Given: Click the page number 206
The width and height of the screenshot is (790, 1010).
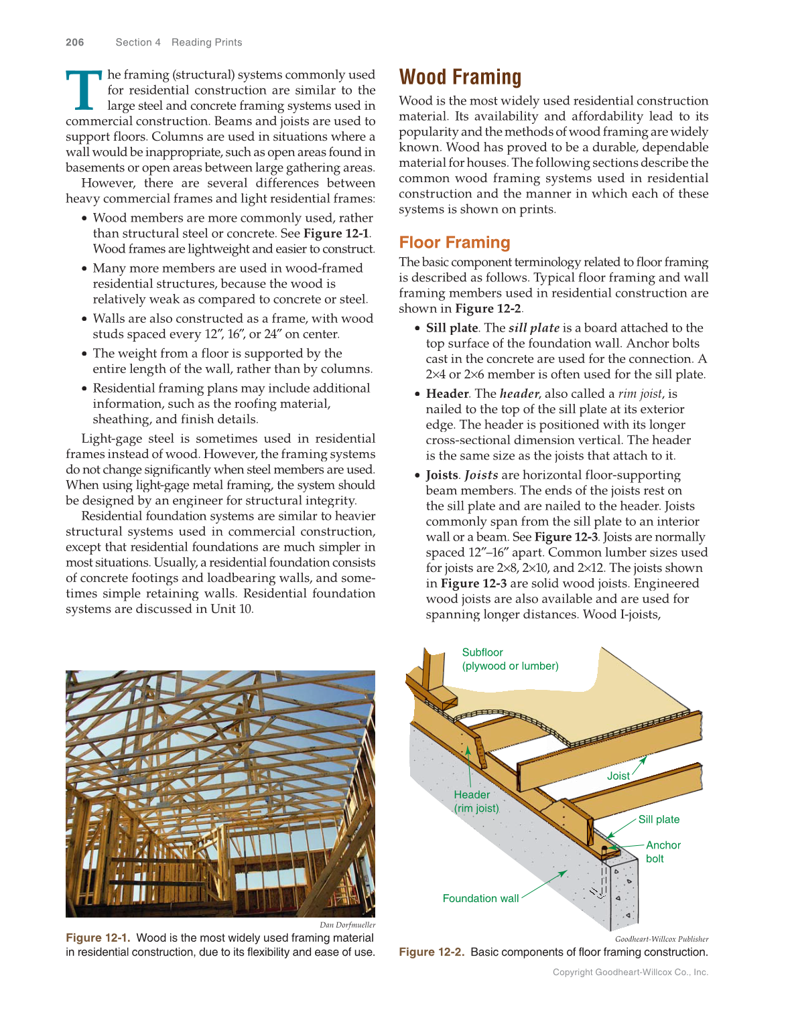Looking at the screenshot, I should click(75, 42).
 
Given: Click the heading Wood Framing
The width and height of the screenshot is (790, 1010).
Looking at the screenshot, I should click(460, 78).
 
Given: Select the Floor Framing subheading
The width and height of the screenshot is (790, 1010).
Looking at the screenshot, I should click(454, 242).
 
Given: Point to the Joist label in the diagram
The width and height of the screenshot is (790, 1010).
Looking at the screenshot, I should click(618, 776).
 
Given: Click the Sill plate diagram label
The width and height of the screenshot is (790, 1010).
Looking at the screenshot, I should click(659, 819).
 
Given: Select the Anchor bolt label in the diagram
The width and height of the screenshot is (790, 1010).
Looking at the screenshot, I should click(662, 852).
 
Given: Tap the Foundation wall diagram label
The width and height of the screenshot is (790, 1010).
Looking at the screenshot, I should click(480, 898).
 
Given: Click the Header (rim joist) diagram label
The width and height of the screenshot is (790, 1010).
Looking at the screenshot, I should click(476, 801).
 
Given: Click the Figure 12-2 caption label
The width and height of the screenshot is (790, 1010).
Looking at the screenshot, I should click(431, 952).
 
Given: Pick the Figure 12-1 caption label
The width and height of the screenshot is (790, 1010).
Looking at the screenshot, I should click(98, 938).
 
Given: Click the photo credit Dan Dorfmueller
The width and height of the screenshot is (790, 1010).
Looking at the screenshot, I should click(347, 925).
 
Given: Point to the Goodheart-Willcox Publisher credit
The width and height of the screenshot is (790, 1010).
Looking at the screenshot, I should click(661, 939).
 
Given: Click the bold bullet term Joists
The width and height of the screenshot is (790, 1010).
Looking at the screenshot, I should click(442, 475).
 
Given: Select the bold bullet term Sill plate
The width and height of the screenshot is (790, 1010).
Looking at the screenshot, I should click(452, 328).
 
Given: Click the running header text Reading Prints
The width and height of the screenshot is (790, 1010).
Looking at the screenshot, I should click(206, 42).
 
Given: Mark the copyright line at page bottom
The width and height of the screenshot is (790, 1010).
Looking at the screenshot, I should click(630, 972).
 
